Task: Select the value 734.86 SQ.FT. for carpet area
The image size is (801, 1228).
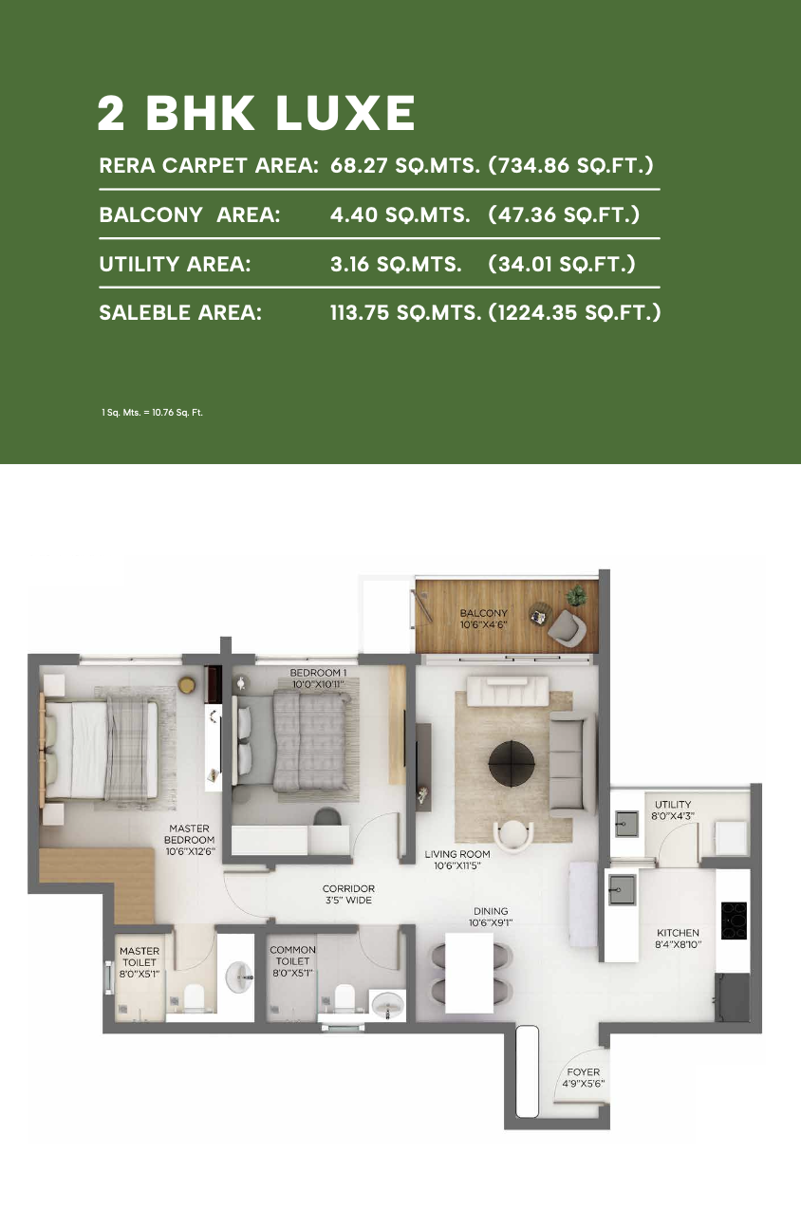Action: (570, 165)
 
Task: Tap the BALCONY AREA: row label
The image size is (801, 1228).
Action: (190, 214)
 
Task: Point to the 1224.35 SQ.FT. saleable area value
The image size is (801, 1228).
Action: (574, 312)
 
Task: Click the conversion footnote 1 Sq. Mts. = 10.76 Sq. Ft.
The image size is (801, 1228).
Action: (152, 412)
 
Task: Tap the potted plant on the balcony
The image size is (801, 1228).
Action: (576, 594)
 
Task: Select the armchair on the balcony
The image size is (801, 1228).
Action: (567, 626)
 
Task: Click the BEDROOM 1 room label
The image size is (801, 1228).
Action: (318, 679)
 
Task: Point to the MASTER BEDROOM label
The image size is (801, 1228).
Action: (190, 839)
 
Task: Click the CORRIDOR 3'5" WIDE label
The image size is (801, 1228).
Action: (348, 894)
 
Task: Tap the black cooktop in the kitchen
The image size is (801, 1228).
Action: (734, 921)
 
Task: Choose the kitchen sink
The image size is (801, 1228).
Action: (622, 888)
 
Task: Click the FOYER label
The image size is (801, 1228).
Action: (584, 1071)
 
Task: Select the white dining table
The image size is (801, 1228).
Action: (469, 972)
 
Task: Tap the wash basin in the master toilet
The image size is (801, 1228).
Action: (239, 977)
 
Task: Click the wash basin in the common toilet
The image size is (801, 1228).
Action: (387, 1005)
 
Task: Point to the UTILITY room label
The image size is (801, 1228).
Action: (673, 804)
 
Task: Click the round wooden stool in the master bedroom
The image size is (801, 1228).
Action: (187, 684)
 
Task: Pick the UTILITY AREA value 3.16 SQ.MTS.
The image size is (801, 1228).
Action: (396, 264)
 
